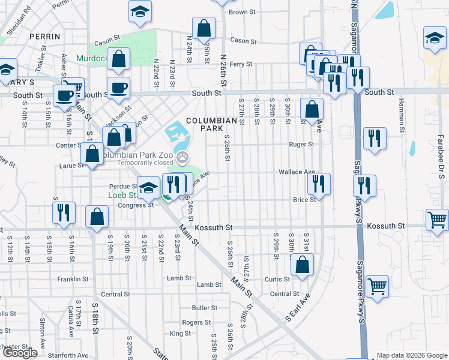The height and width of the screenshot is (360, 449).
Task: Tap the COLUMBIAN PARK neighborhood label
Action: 211,124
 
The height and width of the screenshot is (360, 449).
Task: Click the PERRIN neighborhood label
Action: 44,37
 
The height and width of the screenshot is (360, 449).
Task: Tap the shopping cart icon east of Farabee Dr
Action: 436,220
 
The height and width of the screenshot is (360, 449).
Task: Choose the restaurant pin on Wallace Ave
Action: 318,184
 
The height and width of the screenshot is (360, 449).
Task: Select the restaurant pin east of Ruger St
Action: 375,139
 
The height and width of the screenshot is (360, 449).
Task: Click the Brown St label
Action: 243,12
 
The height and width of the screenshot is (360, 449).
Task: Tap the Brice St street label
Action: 304,200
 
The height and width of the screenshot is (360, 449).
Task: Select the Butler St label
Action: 205,308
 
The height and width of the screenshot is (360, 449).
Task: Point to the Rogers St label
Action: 196,322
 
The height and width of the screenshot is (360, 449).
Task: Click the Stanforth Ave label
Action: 71,355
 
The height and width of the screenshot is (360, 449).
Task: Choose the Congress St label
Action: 136,205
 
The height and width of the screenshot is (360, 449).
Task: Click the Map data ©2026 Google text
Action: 411,355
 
